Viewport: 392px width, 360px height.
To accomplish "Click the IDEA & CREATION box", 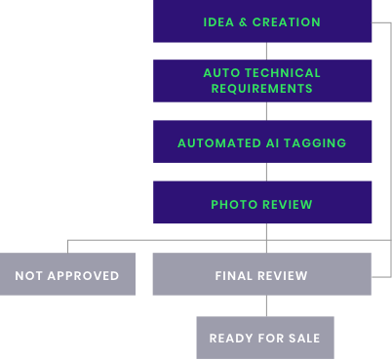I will (x=262, y=21).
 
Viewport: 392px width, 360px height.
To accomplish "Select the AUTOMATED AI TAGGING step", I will (x=262, y=142).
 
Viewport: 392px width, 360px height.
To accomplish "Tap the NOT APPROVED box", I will (x=67, y=275).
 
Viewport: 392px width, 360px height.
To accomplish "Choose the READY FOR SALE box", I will (x=264, y=338).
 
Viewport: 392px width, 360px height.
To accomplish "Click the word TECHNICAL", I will (x=284, y=73).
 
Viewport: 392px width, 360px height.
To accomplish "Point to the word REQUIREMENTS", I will (x=262, y=89).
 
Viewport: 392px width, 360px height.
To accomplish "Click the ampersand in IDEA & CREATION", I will (x=243, y=22).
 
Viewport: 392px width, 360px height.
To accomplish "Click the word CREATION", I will (x=287, y=22).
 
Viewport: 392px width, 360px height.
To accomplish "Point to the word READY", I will (x=231, y=339).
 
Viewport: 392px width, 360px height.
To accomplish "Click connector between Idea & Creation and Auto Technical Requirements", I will (x=266, y=51).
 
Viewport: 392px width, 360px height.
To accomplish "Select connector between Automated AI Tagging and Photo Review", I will (x=266, y=172).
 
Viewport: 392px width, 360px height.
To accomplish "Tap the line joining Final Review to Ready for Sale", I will (x=266, y=305).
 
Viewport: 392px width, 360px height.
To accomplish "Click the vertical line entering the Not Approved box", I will (x=67, y=246).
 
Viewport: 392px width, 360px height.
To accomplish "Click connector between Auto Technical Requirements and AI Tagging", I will (x=266, y=111).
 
